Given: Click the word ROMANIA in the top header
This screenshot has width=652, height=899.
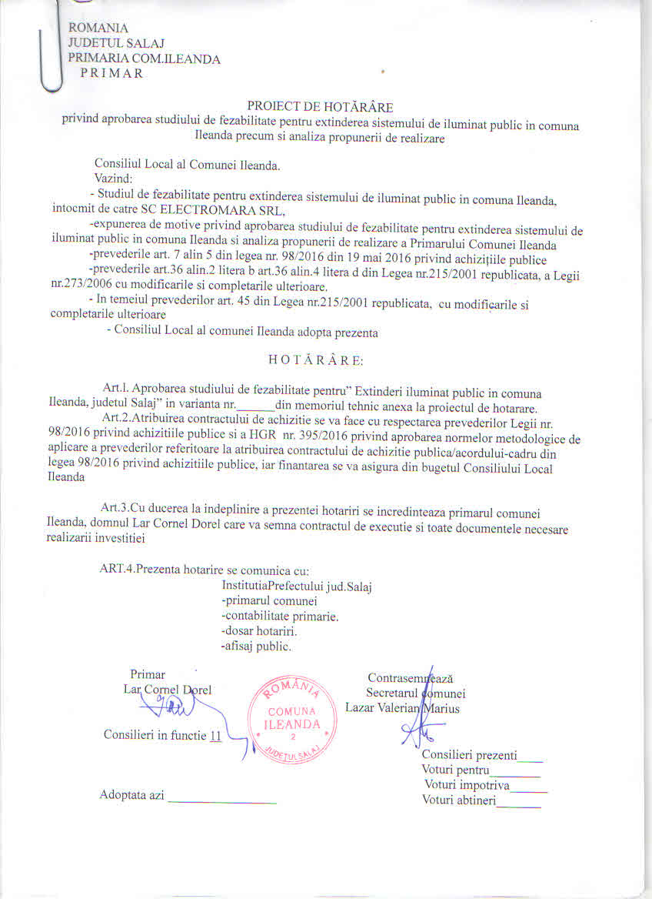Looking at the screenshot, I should click(x=98, y=28).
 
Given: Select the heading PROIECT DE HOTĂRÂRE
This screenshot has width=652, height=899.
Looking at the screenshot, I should click(x=320, y=106).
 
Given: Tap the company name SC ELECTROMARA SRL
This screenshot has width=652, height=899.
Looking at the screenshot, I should click(x=222, y=211).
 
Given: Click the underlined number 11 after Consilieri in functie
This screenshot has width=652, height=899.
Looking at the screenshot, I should click(x=216, y=735).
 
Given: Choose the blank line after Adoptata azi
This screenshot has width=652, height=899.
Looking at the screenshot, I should click(x=221, y=795).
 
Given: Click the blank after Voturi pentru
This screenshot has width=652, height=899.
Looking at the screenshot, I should click(x=516, y=770).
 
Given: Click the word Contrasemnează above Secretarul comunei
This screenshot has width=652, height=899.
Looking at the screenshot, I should click(x=410, y=678).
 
